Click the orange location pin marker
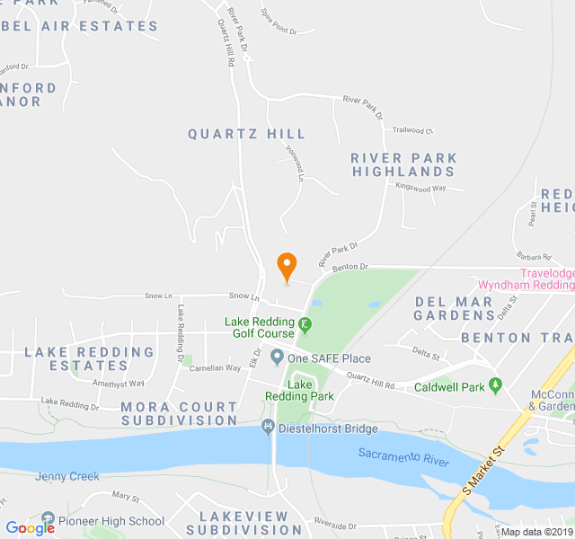[x=287, y=266]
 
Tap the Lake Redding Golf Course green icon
[x=305, y=323]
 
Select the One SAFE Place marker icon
[x=278, y=358]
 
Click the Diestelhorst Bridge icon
[x=267, y=428]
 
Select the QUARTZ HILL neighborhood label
[x=246, y=134]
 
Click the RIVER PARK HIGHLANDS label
[x=403, y=164]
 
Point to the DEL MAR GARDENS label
[x=455, y=308]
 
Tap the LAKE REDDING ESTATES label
[x=89, y=358]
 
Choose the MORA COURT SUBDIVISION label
[x=180, y=413]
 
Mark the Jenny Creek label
[x=67, y=476]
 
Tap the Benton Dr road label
[x=350, y=267]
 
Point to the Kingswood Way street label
[x=420, y=188]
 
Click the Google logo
[x=30, y=528]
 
